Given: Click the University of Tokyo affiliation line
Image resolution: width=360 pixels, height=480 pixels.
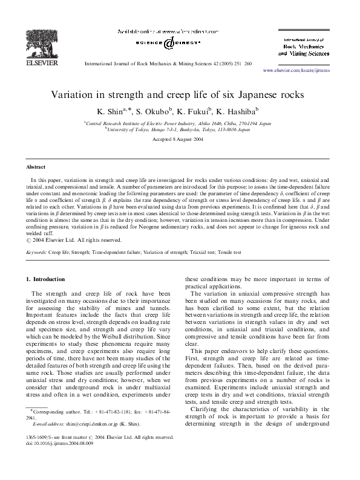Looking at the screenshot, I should tap(180, 129).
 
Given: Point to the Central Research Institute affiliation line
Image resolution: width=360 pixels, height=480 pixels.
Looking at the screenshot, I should tap(180, 123).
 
